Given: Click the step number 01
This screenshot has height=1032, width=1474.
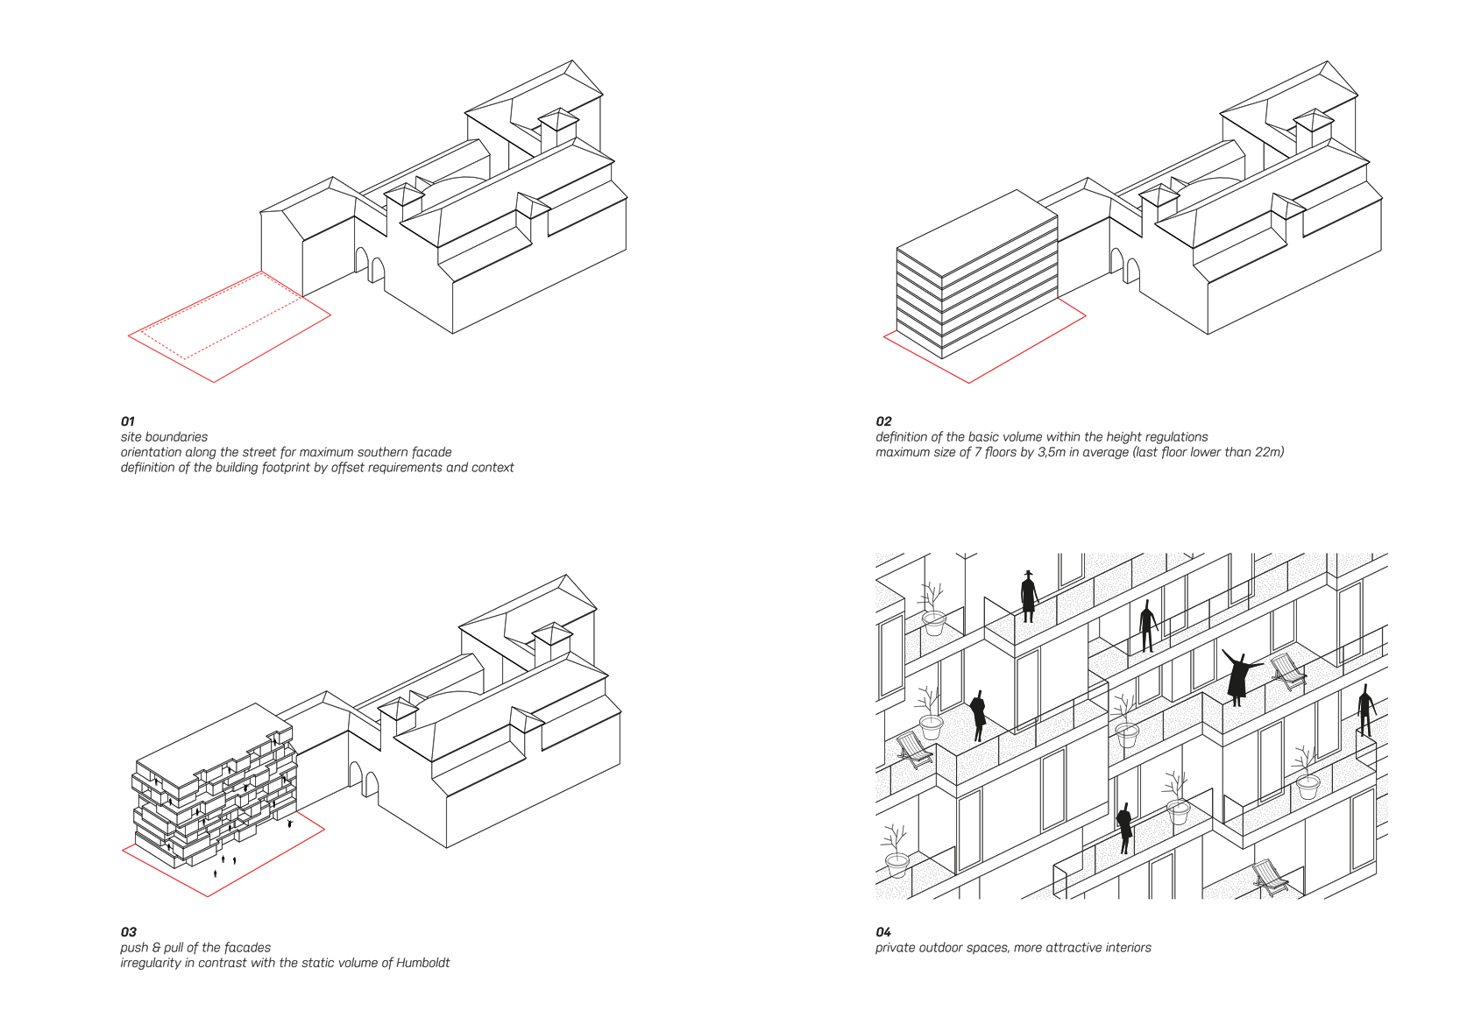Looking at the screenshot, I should point(128,421).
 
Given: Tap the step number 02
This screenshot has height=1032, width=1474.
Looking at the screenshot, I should point(883,421).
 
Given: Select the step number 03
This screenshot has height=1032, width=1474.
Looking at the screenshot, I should point(129,932).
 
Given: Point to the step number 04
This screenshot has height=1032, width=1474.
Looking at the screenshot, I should point(883,932).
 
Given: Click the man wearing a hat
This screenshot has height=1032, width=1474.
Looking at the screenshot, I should point(1029,596).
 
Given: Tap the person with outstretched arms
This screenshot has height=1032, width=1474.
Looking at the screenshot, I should point(1238,675).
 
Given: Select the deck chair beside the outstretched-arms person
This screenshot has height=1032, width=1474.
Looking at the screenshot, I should point(1287,670).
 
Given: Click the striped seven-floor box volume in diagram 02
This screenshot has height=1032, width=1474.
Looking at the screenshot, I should point(974,272).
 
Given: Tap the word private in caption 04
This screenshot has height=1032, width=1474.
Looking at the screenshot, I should point(896,948).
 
